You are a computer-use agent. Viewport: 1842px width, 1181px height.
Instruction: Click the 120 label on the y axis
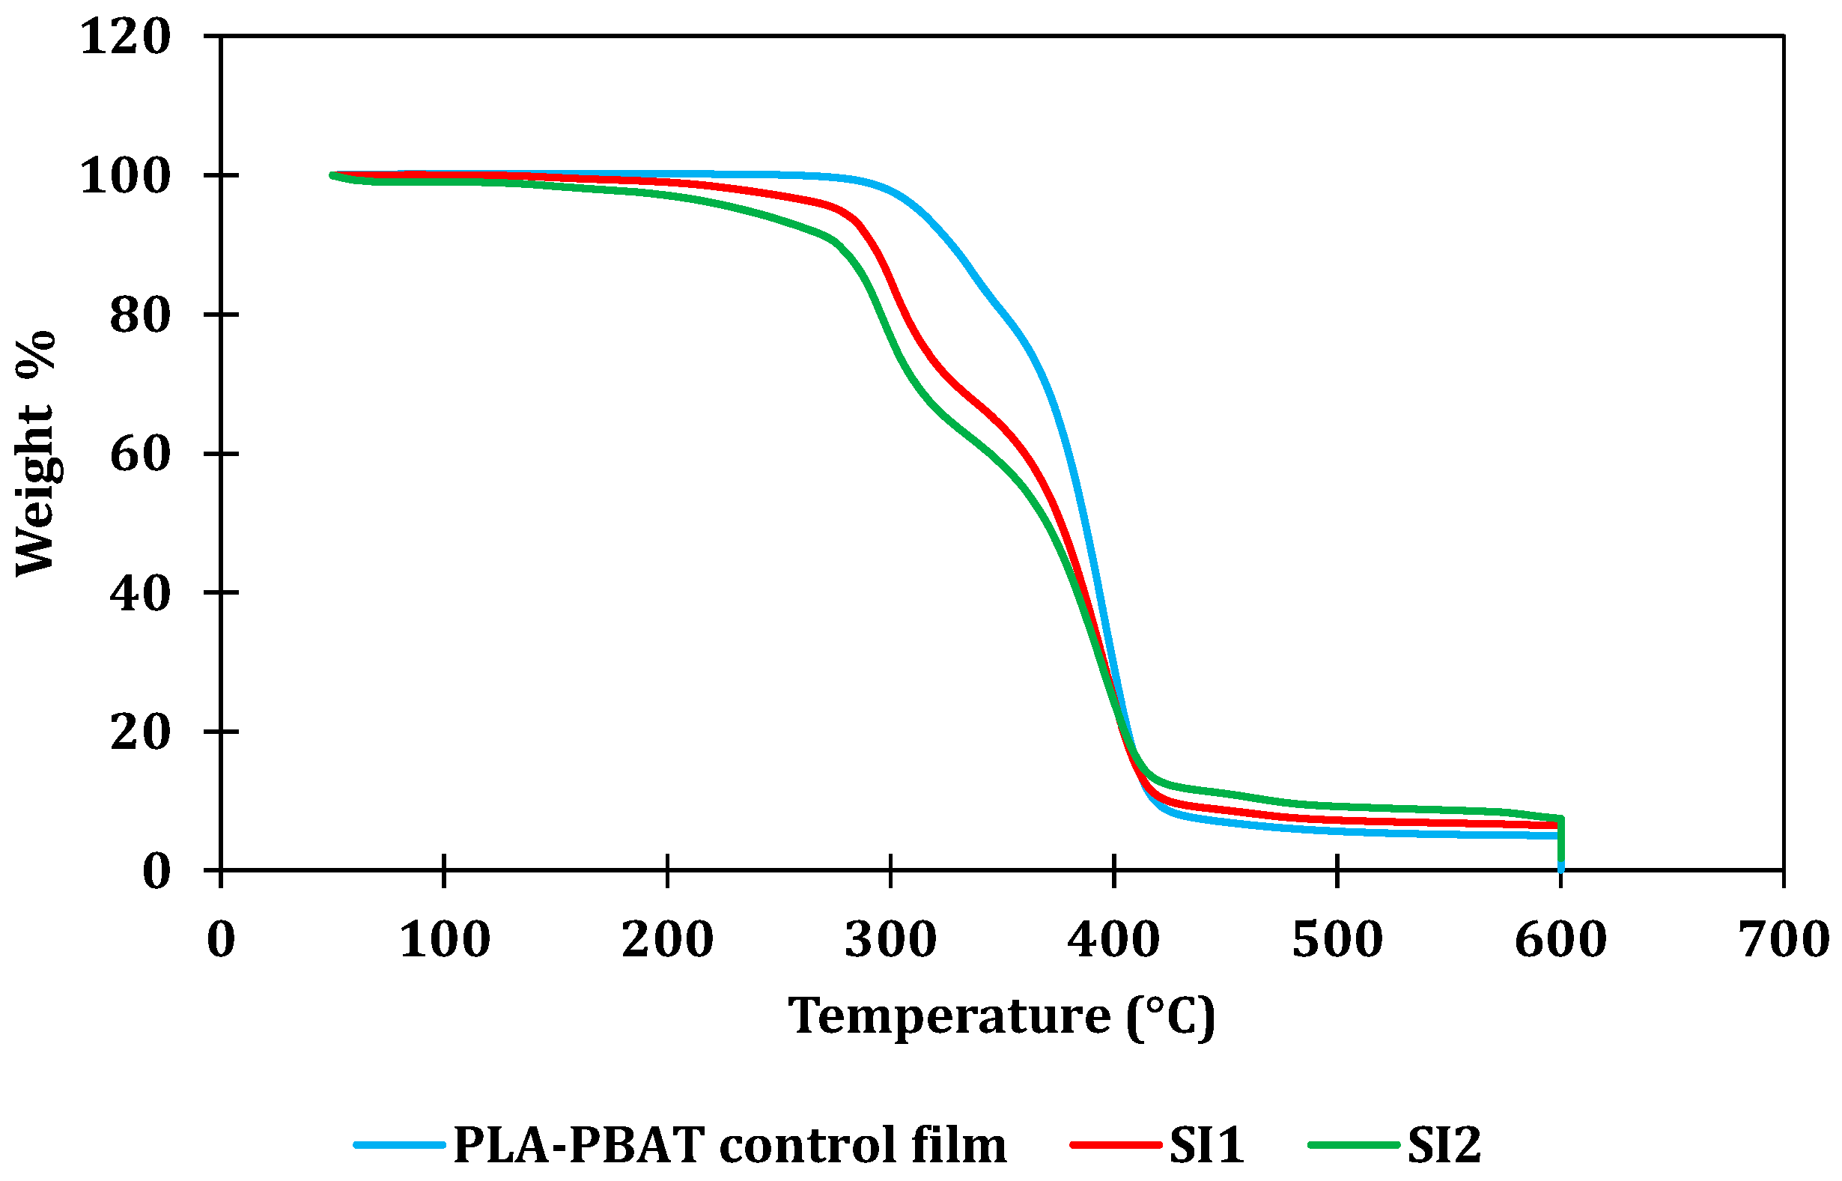tap(125, 37)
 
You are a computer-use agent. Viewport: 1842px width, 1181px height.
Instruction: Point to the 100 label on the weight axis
tap(125, 176)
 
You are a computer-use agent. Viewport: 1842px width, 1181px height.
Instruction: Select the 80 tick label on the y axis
tap(139, 315)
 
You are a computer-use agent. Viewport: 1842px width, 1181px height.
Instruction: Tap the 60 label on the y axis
tap(139, 454)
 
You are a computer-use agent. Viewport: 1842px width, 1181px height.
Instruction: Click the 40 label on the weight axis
tap(139, 593)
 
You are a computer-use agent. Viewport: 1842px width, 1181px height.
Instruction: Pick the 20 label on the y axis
tap(139, 732)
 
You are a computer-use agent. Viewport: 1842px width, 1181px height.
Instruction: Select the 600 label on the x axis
tap(1560, 939)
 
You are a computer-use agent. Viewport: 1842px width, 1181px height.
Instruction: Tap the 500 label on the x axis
tap(1337, 939)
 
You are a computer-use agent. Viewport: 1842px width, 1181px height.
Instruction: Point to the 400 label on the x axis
tap(1113, 939)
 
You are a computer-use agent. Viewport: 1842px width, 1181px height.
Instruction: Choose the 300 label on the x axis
tap(891, 939)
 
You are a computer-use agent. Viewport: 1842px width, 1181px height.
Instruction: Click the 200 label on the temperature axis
tap(668, 939)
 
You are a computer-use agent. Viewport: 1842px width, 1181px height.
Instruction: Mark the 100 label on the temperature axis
tap(445, 939)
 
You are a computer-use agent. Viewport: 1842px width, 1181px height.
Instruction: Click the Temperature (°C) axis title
tap(1002, 1017)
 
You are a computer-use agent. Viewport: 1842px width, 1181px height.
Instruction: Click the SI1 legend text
tap(1206, 1146)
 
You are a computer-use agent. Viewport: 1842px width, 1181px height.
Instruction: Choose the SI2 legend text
tap(1444, 1146)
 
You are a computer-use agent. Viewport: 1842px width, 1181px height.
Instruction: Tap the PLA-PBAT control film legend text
tap(730, 1146)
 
